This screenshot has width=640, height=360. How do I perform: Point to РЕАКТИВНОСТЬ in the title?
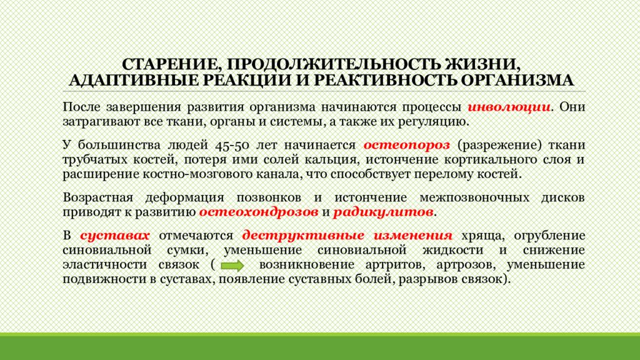pyautogui.click(x=386, y=81)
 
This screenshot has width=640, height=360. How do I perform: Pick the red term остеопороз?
pyautogui.click(x=407, y=144)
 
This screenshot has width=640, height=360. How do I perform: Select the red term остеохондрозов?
pyautogui.click(x=258, y=212)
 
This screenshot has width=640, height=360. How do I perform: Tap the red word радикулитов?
pyautogui.click(x=383, y=212)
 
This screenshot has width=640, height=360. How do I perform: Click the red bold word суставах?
pyautogui.click(x=116, y=236)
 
